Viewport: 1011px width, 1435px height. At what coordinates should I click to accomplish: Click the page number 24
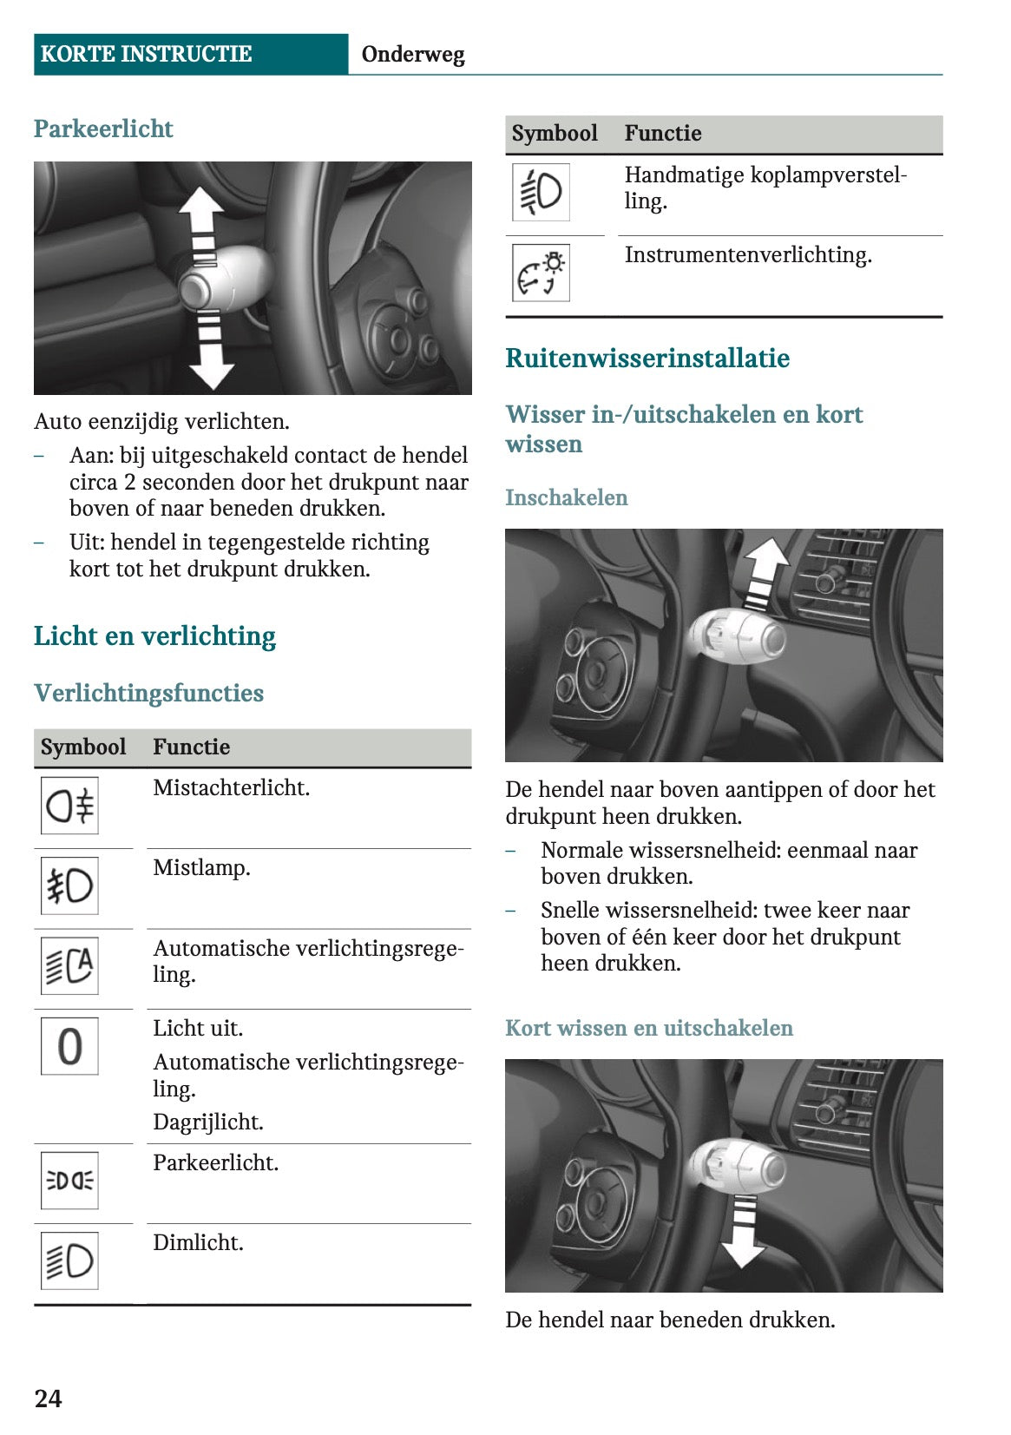tap(48, 1398)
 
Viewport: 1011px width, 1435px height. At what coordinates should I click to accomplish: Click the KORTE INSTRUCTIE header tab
tap(146, 54)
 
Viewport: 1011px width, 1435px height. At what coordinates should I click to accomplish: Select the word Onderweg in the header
tap(412, 54)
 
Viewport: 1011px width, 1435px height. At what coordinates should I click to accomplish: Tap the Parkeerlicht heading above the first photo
tap(103, 128)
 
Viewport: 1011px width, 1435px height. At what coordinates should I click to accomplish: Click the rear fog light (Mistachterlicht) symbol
tap(69, 806)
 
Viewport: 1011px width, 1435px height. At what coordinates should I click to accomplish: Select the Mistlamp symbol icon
tap(69, 885)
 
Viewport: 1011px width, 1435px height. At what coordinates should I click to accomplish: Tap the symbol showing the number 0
tap(69, 1046)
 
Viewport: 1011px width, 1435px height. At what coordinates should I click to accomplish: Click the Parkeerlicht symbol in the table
tap(69, 1181)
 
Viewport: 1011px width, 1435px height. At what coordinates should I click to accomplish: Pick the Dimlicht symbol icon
tap(69, 1261)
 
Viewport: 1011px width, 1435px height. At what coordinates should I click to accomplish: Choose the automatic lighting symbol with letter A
tap(69, 965)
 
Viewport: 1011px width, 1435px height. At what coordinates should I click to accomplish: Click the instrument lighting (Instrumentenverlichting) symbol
tap(541, 273)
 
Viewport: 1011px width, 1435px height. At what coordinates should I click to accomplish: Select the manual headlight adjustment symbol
tap(541, 192)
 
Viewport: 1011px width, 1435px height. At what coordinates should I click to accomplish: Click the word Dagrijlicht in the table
tap(208, 1122)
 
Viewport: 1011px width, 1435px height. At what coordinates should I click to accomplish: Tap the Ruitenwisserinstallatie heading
tap(647, 358)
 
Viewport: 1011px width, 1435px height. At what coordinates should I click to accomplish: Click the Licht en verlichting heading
tap(154, 635)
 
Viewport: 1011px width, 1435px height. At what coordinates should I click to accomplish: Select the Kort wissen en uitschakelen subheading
tap(649, 1028)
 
